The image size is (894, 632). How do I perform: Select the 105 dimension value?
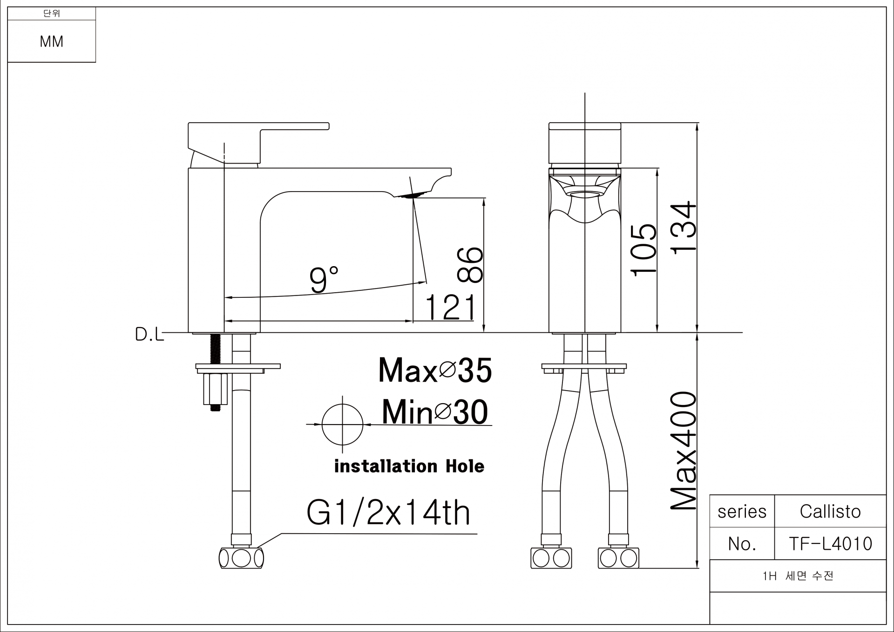643,250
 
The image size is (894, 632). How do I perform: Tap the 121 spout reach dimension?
450,307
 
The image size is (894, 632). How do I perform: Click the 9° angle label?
324,279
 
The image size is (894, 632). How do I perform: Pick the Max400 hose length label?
683,451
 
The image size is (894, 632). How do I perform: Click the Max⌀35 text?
435,371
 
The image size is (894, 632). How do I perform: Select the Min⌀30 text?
435,412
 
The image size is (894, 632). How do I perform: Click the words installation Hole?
409,466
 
